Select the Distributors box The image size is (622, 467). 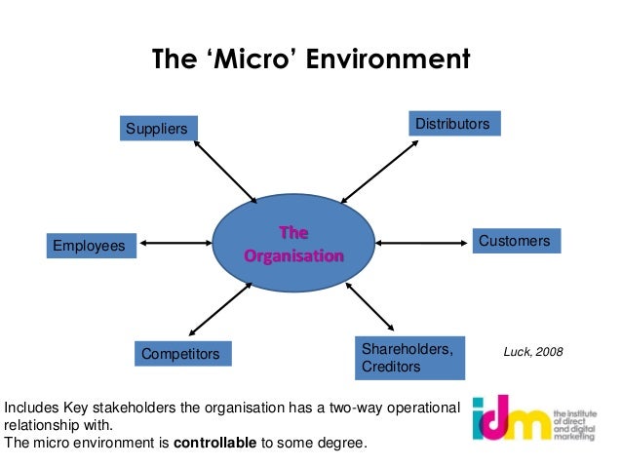452,124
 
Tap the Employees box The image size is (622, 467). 89,248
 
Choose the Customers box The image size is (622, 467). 513,240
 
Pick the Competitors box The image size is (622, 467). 181,353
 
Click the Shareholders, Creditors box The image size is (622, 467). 406,358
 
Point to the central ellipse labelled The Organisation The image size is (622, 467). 293,245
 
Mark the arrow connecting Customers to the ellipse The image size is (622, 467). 422,242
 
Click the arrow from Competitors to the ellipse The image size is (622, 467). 219,309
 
